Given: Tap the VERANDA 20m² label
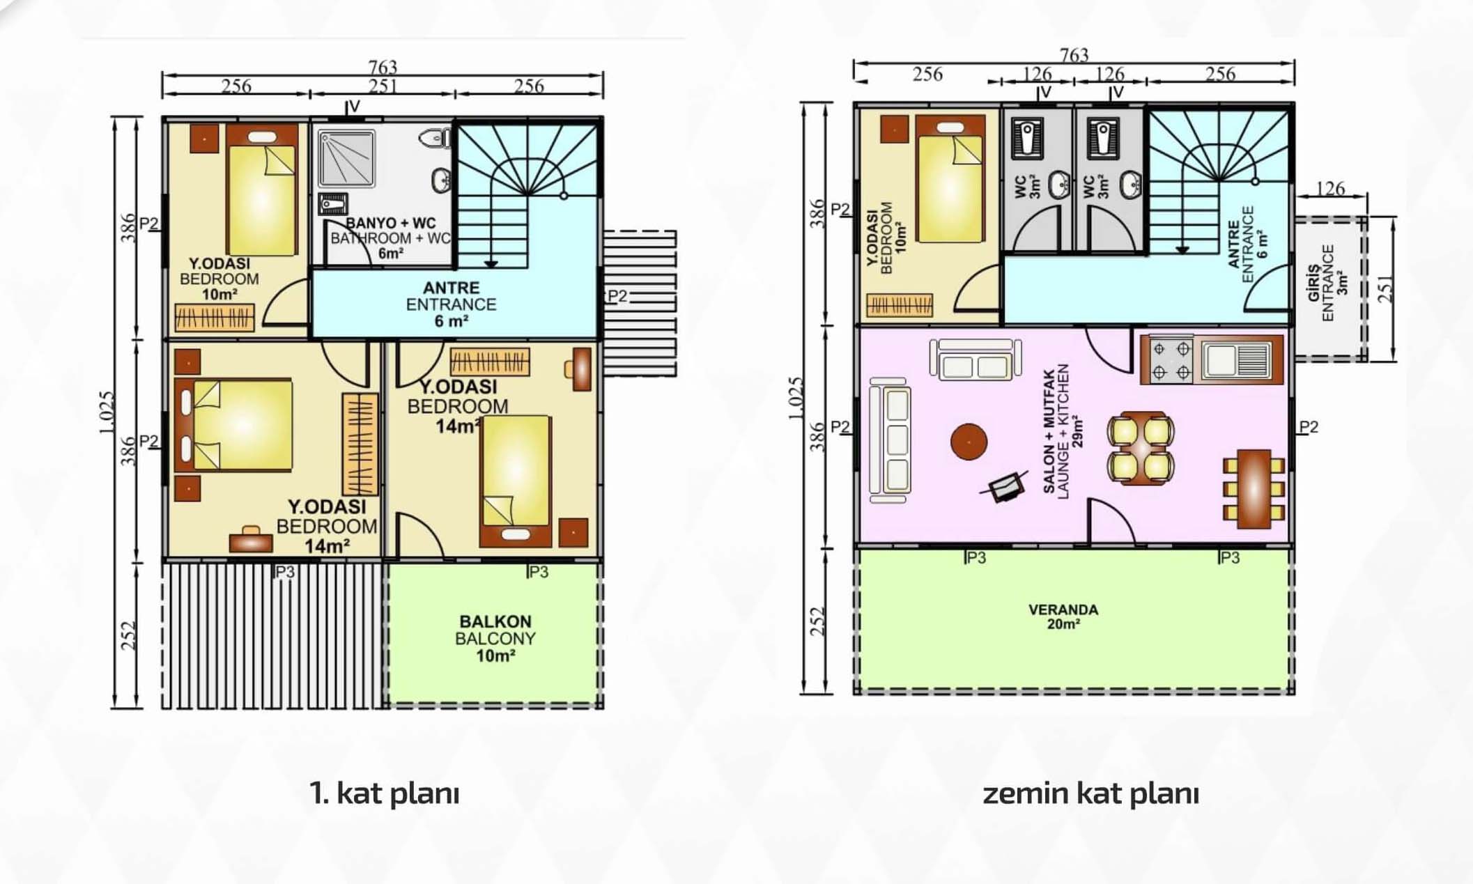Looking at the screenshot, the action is [1063, 617].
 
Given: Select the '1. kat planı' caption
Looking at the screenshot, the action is [385, 793].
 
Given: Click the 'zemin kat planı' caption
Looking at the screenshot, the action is [1090, 793].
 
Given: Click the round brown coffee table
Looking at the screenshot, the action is [969, 442].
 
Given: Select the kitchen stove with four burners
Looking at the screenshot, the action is [1171, 359].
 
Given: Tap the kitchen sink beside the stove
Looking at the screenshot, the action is [1237, 360].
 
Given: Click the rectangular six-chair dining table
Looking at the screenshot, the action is [1254, 488].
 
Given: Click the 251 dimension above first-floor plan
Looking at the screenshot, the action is [383, 86].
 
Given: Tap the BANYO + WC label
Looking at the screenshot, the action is [390, 223].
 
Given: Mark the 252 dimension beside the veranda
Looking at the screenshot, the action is [817, 621].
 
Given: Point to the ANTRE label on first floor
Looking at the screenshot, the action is [451, 287].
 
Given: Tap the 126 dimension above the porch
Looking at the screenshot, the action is [1330, 188].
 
